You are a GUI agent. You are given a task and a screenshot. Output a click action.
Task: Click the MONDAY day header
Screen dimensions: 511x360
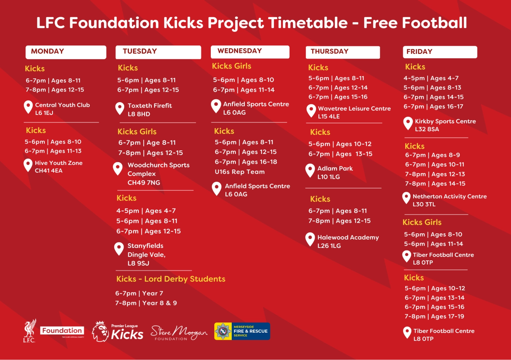pyautogui.click(x=66, y=52)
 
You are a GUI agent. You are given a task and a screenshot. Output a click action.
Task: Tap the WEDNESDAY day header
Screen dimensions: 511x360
pyautogui.click(x=250, y=52)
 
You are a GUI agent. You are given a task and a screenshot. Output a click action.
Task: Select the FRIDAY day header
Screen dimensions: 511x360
pyautogui.click(x=440, y=52)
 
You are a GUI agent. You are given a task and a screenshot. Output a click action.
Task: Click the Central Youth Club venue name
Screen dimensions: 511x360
pyautogui.click(x=62, y=105)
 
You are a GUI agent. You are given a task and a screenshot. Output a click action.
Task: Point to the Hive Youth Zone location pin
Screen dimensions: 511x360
pyautogui.click(x=28, y=165)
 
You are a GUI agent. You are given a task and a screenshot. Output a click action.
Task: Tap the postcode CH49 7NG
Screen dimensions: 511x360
pyautogui.click(x=144, y=183)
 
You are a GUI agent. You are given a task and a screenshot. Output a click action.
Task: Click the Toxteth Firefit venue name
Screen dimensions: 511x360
pyautogui.click(x=150, y=106)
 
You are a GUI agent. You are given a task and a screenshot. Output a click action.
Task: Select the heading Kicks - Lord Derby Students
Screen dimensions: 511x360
pyautogui.click(x=171, y=279)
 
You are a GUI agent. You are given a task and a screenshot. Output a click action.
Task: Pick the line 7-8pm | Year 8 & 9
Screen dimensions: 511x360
pyautogui.click(x=146, y=303)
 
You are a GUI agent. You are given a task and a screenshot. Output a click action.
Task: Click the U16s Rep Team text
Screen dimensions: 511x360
pyautogui.click(x=240, y=172)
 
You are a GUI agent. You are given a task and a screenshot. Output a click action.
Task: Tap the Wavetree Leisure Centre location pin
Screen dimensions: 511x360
pyautogui.click(x=311, y=111)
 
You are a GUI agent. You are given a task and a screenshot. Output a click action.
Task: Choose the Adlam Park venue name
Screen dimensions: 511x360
pyautogui.click(x=335, y=168)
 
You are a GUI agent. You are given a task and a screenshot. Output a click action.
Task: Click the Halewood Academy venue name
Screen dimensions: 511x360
pyautogui.click(x=348, y=237)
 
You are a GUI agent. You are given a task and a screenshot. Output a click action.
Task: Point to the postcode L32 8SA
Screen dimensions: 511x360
pyautogui.click(x=427, y=129)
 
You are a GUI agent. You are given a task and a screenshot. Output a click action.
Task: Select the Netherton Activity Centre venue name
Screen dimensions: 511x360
pyautogui.click(x=450, y=196)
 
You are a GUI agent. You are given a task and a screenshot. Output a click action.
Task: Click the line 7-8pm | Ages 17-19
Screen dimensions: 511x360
pyautogui.click(x=434, y=316)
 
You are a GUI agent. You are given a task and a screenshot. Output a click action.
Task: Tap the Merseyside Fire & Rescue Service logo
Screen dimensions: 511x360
pyautogui.click(x=242, y=331)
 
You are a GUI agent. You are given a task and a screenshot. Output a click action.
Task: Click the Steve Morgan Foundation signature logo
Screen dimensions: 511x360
pyautogui.click(x=179, y=333)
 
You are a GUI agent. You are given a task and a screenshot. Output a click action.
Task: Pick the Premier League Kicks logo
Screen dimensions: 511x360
pyautogui.click(x=117, y=332)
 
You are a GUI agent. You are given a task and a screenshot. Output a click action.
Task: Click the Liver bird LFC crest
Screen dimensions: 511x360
pyautogui.click(x=30, y=331)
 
